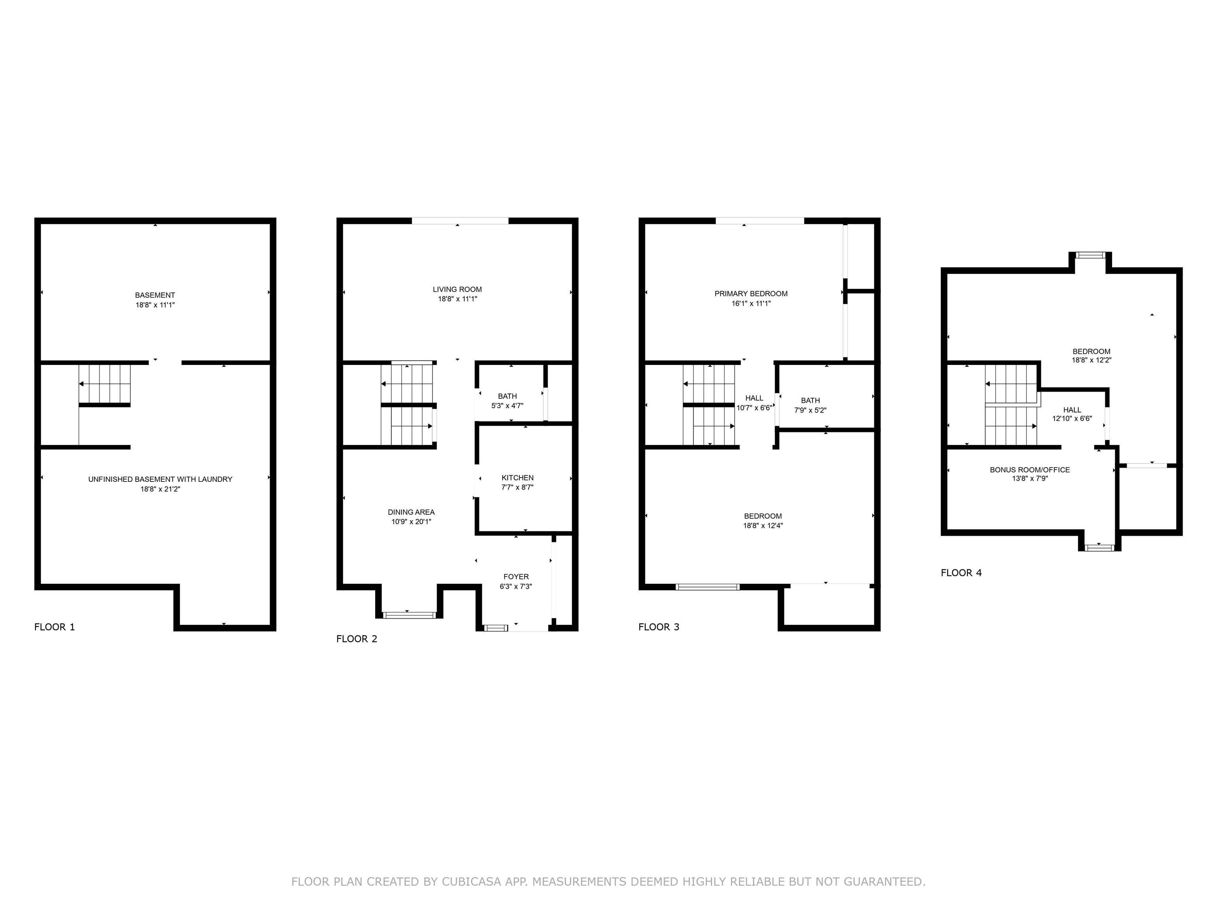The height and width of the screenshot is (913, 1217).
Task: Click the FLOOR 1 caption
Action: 54,627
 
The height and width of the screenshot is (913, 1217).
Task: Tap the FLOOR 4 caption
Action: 961,573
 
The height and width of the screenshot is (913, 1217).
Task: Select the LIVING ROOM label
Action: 457,290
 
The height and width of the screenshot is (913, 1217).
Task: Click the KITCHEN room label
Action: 517,478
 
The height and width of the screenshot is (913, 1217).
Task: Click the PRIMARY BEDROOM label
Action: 751,294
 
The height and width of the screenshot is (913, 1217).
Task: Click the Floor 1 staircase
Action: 105,384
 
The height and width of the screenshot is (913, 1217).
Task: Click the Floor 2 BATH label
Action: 507,396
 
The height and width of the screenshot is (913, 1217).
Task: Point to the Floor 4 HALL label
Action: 1072,410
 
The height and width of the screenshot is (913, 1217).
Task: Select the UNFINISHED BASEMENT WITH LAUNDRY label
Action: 160,479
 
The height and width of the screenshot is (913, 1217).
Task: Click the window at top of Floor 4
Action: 1090,255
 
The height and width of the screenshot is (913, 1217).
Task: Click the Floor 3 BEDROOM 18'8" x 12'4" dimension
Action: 763,525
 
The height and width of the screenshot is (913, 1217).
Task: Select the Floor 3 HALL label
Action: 754,398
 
